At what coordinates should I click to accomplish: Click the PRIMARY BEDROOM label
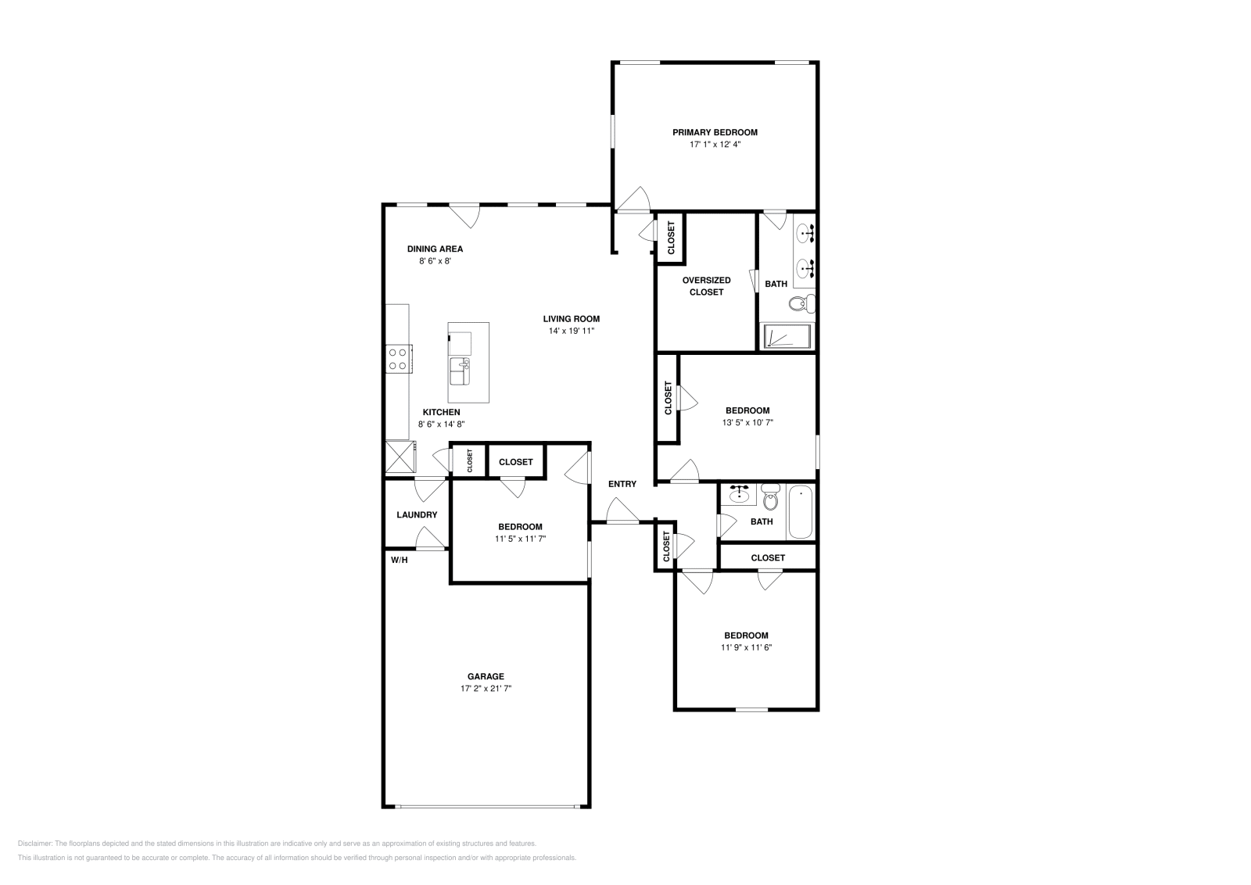[715, 132]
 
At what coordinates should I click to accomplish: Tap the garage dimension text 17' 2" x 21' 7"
[486, 689]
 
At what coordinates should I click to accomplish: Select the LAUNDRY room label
[417, 514]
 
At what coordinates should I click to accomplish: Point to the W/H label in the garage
[400, 560]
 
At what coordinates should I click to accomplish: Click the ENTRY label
[622, 484]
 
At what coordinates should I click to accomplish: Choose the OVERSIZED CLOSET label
[707, 286]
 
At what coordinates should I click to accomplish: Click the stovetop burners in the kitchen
[398, 359]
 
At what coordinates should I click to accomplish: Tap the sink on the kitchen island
[460, 371]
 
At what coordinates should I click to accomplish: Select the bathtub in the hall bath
[801, 512]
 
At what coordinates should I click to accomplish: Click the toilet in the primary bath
[802, 304]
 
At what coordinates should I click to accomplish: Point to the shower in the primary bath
[787, 336]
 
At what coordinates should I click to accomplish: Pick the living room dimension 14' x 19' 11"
[572, 331]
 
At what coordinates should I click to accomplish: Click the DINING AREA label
[435, 249]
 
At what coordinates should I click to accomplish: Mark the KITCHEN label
[441, 412]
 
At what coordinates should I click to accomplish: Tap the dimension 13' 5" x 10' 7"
[747, 423]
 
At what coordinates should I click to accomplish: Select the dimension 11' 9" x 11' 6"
[746, 647]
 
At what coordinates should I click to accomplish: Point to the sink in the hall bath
[739, 494]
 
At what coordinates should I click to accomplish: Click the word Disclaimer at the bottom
[34, 844]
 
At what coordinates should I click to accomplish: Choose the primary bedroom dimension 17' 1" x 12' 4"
[715, 144]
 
